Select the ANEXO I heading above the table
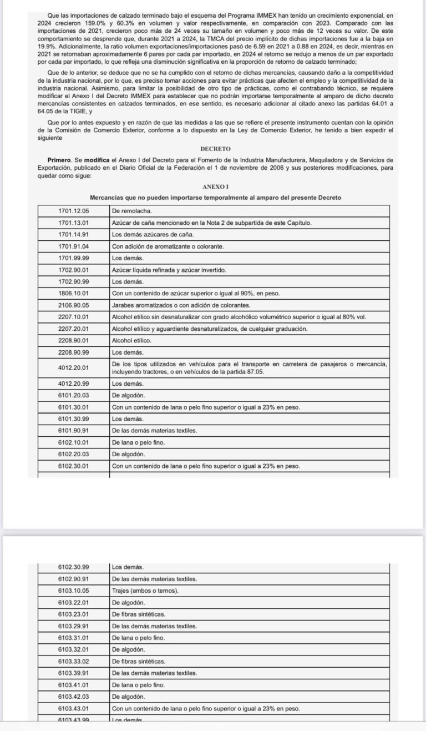(213, 188)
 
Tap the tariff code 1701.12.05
(73, 211)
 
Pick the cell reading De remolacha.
(132, 211)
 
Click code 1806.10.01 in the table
(73, 294)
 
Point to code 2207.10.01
(73, 317)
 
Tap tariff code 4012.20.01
(73, 367)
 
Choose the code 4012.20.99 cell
(73, 384)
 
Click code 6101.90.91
(73, 431)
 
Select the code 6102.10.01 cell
(73, 442)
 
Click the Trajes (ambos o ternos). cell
(145, 591)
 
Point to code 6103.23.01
(73, 614)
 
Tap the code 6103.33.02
(73, 662)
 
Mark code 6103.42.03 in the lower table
(73, 697)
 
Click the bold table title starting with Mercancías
(215, 198)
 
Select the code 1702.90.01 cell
(73, 270)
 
